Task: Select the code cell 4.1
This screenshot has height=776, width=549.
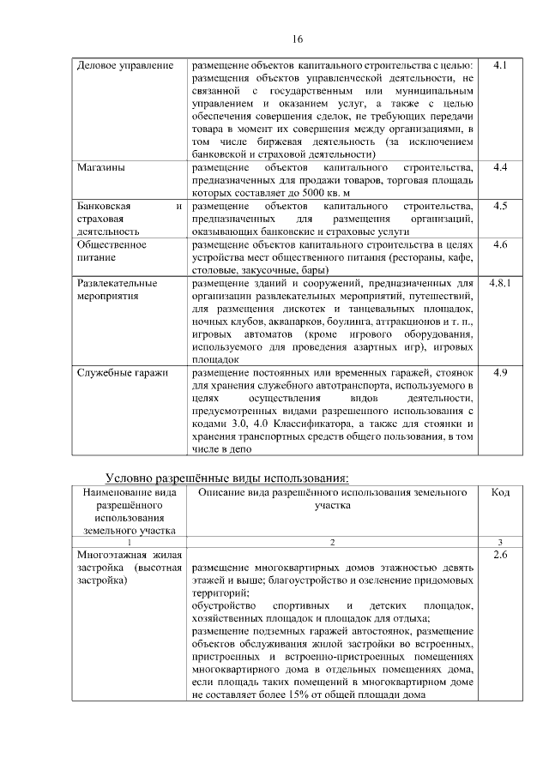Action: [x=501, y=65]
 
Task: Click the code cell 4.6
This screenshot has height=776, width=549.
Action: [x=501, y=244]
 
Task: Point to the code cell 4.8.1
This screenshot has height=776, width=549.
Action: [x=501, y=283]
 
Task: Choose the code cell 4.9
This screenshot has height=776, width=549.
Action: [x=501, y=373]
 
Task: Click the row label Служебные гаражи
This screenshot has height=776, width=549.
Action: [x=122, y=373]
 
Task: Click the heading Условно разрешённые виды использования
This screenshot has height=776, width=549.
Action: [x=227, y=477]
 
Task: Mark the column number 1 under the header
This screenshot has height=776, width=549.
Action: [x=128, y=543]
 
